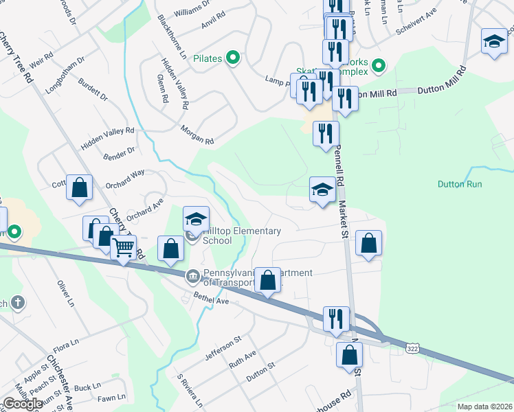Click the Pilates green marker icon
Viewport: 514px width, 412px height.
(x=232, y=58)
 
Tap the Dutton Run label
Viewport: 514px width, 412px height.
(x=460, y=184)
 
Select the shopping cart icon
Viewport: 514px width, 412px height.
(x=124, y=247)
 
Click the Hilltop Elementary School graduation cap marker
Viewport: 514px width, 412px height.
(x=196, y=220)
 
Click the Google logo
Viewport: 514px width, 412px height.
(x=23, y=404)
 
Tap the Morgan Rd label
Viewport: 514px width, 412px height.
(x=197, y=136)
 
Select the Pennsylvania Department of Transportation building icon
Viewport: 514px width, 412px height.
(x=193, y=277)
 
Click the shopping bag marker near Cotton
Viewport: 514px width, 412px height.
(x=80, y=187)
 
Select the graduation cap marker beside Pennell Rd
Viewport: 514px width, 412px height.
(x=322, y=190)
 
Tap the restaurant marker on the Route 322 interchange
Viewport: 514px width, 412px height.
(x=336, y=319)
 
